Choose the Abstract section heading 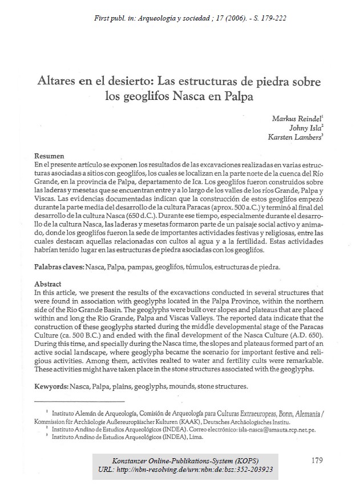[47, 284]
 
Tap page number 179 [319, 460]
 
